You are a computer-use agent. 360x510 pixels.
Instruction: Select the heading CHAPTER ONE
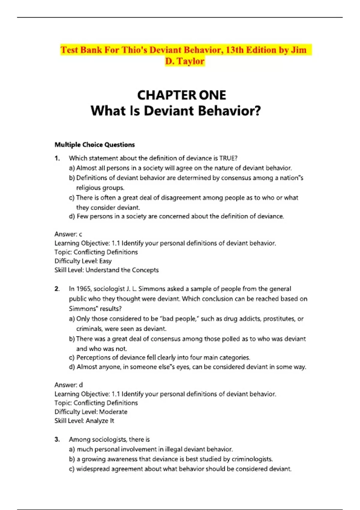[x=181, y=95]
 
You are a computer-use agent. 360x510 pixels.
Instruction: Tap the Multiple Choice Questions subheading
[x=94, y=145]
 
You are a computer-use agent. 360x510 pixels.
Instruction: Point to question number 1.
[x=57, y=158]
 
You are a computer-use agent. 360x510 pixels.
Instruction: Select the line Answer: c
[x=68, y=234]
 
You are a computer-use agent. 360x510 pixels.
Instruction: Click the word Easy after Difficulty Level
[x=105, y=261]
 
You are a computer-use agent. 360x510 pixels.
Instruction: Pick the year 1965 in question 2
[x=84, y=289]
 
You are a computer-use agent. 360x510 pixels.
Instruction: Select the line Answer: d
[x=68, y=385]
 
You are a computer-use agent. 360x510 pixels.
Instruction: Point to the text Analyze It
[x=100, y=421]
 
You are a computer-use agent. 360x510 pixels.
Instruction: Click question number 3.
[x=57, y=439]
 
